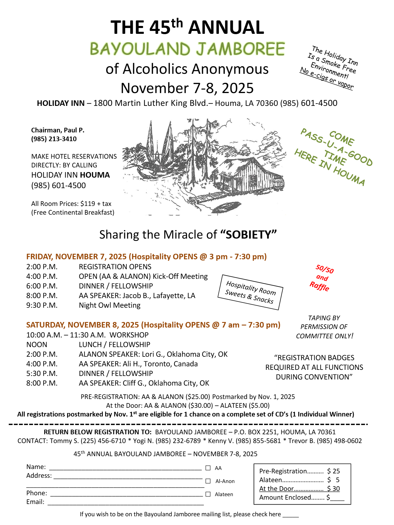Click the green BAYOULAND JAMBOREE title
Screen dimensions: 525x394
pyautogui.click(x=187, y=49)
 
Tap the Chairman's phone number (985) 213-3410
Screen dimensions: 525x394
pyautogui.click(x=54, y=139)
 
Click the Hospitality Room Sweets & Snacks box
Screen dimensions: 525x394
pyautogui.click(x=250, y=292)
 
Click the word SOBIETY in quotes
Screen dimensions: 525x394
pyautogui.click(x=248, y=235)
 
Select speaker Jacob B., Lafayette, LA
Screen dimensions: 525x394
pyautogui.click(x=159, y=296)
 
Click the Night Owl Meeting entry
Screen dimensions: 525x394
pyautogui.click(x=110, y=305)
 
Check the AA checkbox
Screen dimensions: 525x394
pyautogui.click(x=208, y=468)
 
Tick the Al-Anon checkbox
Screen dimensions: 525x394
pyautogui.click(x=208, y=481)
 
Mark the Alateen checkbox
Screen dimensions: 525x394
pyautogui.click(x=208, y=494)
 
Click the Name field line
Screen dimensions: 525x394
pyautogui.click(x=125, y=468)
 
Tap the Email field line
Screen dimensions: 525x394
pyautogui.click(x=125, y=503)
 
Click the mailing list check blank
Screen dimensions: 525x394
pyautogui.click(x=291, y=515)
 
